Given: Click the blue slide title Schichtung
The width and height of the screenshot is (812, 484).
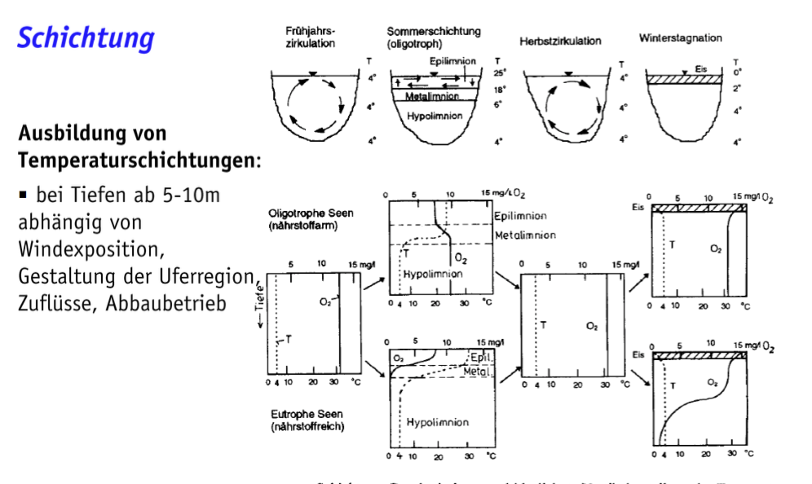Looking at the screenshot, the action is (x=86, y=37).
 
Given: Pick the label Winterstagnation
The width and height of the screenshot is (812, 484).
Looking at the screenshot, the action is (x=680, y=38).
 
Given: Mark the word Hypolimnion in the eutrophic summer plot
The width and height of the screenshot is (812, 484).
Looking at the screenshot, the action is (x=438, y=422).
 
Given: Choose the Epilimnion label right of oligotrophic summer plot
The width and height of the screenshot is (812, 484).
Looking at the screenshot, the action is (x=520, y=216).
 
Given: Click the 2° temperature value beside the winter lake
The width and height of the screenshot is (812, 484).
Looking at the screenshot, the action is (x=737, y=89).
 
